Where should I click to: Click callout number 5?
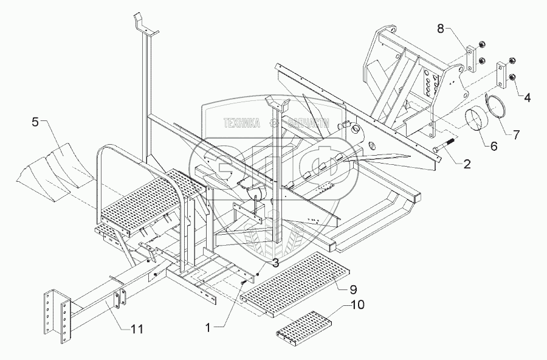click(35, 122)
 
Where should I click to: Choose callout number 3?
click(259, 263)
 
